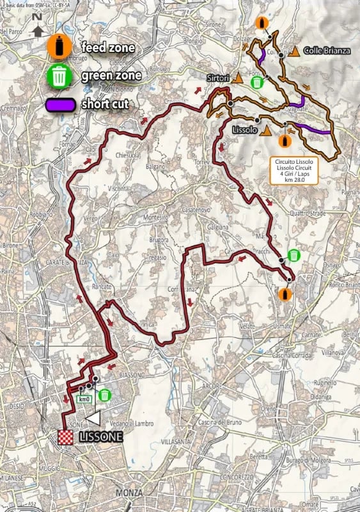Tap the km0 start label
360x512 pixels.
(84, 399)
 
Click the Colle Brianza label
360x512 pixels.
(327, 51)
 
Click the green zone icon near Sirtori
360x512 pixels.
(256, 81)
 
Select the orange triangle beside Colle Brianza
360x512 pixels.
(295, 51)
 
